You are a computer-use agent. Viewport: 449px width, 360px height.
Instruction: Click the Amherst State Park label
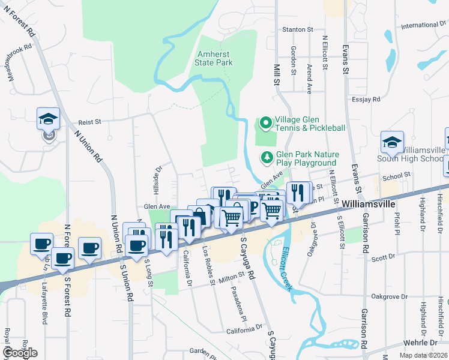(214, 58)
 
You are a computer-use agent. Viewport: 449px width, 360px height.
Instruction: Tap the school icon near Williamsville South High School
(392, 143)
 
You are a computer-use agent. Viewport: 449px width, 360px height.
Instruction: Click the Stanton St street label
(298, 29)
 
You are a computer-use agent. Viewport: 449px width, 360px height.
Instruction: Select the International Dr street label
(424, 25)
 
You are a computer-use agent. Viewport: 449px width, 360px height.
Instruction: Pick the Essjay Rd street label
(367, 99)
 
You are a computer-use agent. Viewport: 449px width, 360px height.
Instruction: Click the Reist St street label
(89, 121)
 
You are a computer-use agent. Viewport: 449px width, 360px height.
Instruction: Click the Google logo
(20, 353)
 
